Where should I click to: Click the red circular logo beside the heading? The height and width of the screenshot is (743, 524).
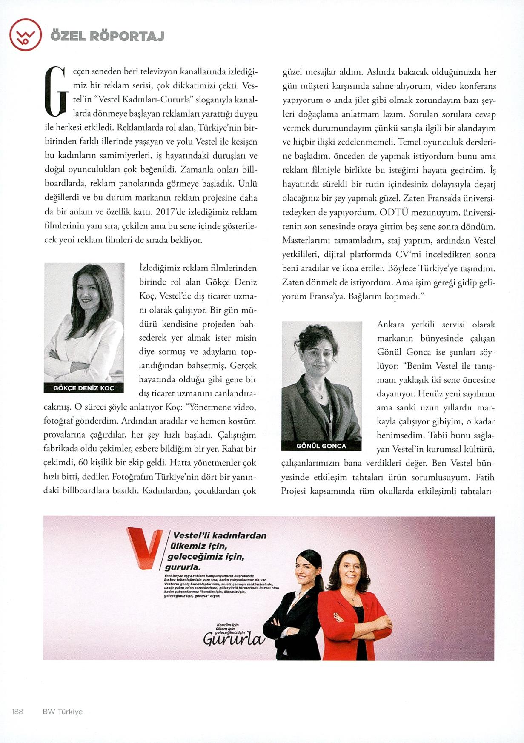point(25,35)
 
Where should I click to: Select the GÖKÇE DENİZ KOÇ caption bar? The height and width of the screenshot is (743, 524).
point(84,388)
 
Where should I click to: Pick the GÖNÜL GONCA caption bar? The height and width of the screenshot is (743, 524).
point(321,446)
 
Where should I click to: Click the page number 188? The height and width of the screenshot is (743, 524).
point(17,712)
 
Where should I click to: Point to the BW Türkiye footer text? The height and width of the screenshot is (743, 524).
point(63,712)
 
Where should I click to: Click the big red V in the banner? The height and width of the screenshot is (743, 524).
point(144,548)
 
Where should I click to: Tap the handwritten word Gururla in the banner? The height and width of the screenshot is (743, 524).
point(233,639)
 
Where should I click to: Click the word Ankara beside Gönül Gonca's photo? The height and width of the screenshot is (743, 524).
point(390,325)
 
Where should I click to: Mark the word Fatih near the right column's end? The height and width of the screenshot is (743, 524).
point(485,477)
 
